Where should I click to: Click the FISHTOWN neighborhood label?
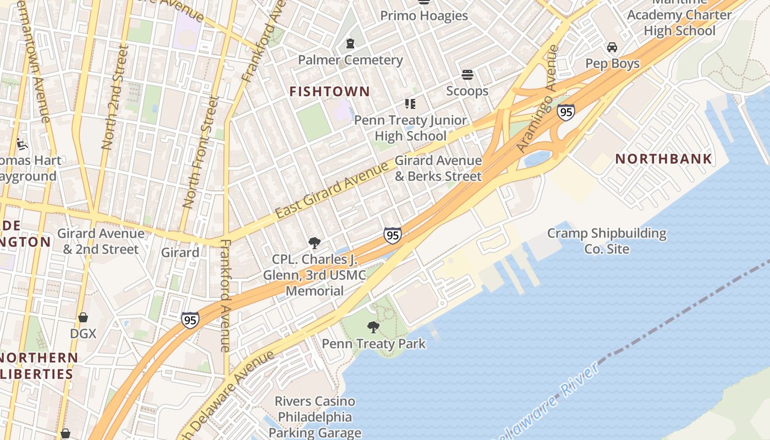pyautogui.click(x=329, y=92)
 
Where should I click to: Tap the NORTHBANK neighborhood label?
pyautogui.click(x=663, y=159)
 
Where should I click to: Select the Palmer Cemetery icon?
pyautogui.click(x=350, y=43)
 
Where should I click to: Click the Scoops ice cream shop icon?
pyautogui.click(x=468, y=74)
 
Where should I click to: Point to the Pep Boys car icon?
pyautogui.click(x=612, y=47)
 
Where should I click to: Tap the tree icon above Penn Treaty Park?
pyautogui.click(x=373, y=327)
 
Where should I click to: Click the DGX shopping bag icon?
pyautogui.click(x=83, y=317)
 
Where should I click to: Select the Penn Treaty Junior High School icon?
pyautogui.click(x=410, y=103)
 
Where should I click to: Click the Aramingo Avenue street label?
pyautogui.click(x=537, y=99)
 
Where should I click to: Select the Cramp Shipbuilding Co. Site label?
pyautogui.click(x=607, y=241)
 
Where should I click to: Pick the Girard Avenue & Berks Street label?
pyautogui.click(x=438, y=168)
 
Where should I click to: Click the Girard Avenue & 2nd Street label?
pyautogui.click(x=101, y=241)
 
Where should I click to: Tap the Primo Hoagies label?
pyautogui.click(x=424, y=16)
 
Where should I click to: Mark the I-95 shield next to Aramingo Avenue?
pyautogui.click(x=565, y=112)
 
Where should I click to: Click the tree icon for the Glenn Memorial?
pyautogui.click(x=315, y=243)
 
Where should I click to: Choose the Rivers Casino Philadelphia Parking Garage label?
pyautogui.click(x=315, y=417)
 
